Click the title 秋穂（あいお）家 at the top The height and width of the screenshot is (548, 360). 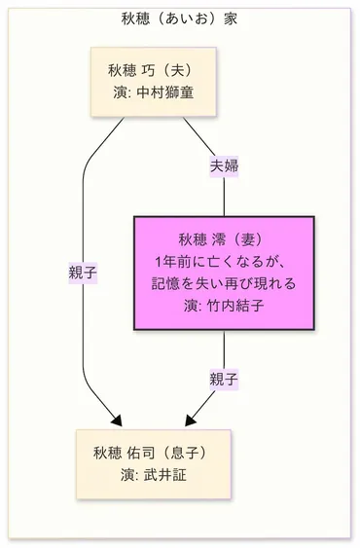point(179,18)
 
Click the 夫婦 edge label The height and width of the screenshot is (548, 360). point(225,165)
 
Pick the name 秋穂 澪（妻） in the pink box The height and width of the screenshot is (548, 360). point(223,240)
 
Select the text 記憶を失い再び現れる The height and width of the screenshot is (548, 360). point(224,284)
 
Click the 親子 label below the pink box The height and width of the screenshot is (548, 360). point(224,379)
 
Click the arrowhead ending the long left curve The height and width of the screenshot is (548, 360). point(115,420)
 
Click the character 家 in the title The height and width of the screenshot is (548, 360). point(229,18)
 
